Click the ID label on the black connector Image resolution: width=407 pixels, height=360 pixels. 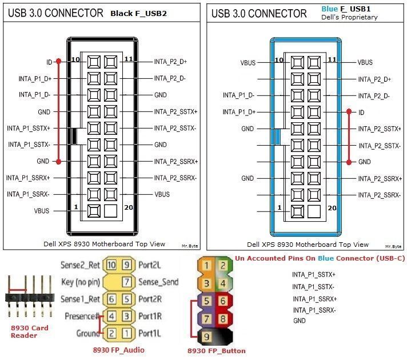pyautogui.click(x=49, y=62)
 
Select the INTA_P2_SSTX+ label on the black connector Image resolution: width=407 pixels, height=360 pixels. pyautogui.click(x=175, y=111)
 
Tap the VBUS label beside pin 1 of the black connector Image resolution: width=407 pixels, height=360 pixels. pyautogui.click(x=42, y=211)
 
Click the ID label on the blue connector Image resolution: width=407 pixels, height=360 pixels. pyautogui.click(x=361, y=113)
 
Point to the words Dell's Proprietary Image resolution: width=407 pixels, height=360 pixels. pyautogui.click(x=349, y=17)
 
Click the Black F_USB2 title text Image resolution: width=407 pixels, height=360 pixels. pyautogui.click(x=138, y=13)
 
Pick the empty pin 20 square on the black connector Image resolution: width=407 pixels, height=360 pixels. pyautogui.click(x=110, y=211)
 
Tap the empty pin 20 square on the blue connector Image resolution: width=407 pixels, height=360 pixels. pyautogui.click(x=314, y=211)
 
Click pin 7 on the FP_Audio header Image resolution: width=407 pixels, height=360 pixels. pyautogui.click(x=127, y=282)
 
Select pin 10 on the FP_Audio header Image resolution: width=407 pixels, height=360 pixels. pyautogui.click(x=111, y=265)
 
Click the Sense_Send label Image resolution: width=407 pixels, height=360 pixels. pyautogui.click(x=158, y=282)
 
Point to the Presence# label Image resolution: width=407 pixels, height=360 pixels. pyautogui.click(x=82, y=316)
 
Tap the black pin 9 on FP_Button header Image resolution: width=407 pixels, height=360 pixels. pyautogui.click(x=206, y=337)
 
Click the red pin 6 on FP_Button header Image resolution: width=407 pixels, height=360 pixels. pyautogui.click(x=223, y=301)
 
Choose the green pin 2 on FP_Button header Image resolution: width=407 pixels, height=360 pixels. pyautogui.click(x=223, y=266)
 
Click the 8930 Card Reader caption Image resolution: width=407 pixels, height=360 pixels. pyautogui.click(x=29, y=331)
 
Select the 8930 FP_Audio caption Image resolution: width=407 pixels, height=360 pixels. pyautogui.click(x=119, y=350)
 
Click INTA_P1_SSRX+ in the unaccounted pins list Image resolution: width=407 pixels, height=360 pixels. pyautogui.click(x=314, y=299)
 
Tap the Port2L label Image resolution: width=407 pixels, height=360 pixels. pyautogui.click(x=150, y=265)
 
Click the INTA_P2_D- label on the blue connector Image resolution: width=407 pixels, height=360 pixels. pyautogui.click(x=374, y=96)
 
